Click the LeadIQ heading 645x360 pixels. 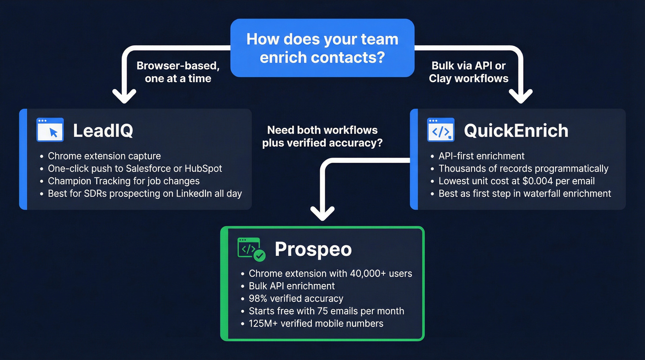103,131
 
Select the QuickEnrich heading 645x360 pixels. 516,131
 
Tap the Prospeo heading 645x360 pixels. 313,249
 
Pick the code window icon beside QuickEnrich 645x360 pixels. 441,130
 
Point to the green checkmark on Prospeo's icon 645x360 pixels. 260,255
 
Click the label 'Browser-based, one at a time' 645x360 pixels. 178,72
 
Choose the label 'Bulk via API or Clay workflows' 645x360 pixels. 469,72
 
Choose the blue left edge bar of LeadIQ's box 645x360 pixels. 23,159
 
